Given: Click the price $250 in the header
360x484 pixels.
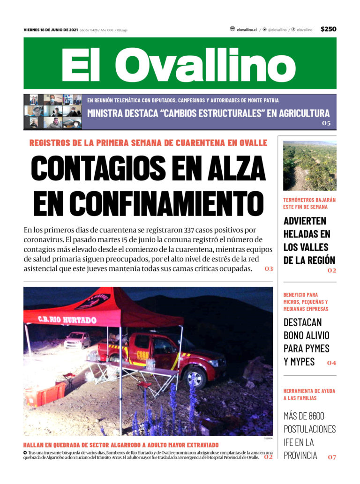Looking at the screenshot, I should tap(328, 29).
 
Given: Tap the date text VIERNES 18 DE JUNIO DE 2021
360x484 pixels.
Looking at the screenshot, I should tap(51, 30).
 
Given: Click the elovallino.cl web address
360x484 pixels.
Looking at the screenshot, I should tap(247, 29).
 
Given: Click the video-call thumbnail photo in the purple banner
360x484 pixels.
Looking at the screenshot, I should tap(52, 112).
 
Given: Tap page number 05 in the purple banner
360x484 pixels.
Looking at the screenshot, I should tap(326, 123).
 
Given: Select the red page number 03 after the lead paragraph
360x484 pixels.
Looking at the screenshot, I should tap(269, 269).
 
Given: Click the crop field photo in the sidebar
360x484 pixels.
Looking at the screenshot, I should tap(310, 166).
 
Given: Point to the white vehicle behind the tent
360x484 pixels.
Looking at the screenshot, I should tap(77, 340).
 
